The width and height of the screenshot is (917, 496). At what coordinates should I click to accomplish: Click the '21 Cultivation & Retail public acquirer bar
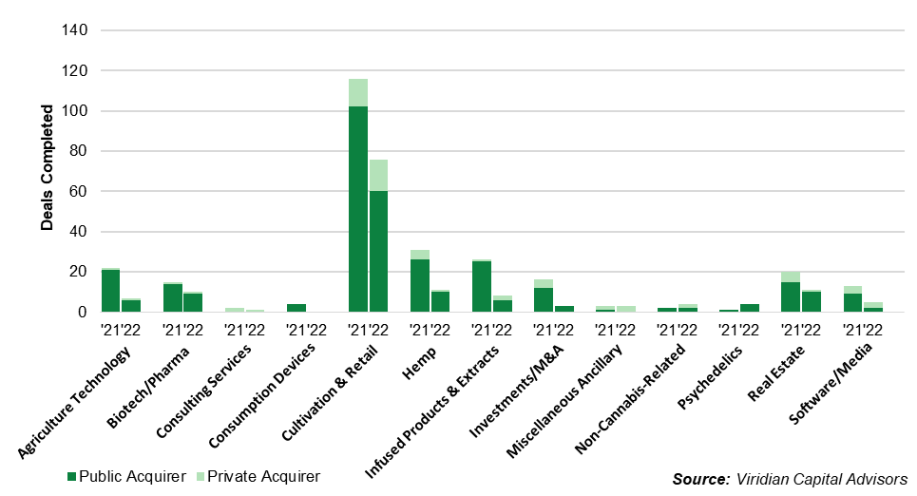point(358,209)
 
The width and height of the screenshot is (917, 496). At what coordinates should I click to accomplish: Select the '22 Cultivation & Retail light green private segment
point(378,176)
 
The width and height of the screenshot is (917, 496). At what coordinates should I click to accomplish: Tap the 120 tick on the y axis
point(75,71)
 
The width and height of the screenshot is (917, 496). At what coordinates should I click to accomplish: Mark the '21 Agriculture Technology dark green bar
point(111,291)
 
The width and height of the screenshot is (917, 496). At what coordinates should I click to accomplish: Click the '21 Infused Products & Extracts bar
point(482,286)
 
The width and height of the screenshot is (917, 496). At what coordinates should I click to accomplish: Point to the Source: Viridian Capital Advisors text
point(789,479)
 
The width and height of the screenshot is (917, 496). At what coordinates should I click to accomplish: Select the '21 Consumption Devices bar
point(296,308)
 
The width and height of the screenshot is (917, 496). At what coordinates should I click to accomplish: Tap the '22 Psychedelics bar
point(749,308)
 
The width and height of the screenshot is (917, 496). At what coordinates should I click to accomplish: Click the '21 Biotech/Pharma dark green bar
point(173,297)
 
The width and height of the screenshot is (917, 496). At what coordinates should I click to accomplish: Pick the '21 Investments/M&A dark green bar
point(543,299)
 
